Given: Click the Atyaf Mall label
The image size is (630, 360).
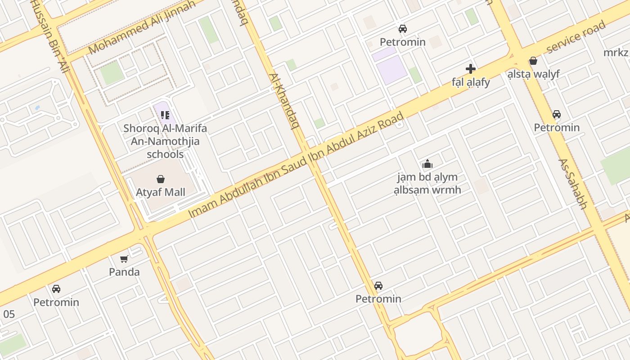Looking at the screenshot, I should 161,193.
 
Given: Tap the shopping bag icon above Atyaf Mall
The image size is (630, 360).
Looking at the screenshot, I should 161,179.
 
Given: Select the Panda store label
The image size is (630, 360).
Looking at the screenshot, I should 124,272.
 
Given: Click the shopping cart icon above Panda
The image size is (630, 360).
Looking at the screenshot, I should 124,259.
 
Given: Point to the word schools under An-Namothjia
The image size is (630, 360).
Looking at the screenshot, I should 165,154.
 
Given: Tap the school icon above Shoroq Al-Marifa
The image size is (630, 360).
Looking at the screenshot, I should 165,115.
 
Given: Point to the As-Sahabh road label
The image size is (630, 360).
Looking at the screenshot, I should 573,184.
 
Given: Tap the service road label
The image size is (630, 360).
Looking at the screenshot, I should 576,37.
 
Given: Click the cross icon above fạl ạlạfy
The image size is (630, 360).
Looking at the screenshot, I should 471,69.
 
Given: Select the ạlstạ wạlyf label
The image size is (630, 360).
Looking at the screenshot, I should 533,74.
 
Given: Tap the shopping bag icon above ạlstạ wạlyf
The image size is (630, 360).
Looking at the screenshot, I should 533,60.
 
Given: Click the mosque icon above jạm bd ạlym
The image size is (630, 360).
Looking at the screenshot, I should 427,164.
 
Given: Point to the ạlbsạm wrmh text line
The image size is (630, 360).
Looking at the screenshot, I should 427,189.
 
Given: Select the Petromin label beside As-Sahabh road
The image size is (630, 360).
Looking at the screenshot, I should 557,127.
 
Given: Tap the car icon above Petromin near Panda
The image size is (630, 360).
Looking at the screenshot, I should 56,289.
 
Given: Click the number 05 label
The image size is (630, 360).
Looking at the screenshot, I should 9,314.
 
